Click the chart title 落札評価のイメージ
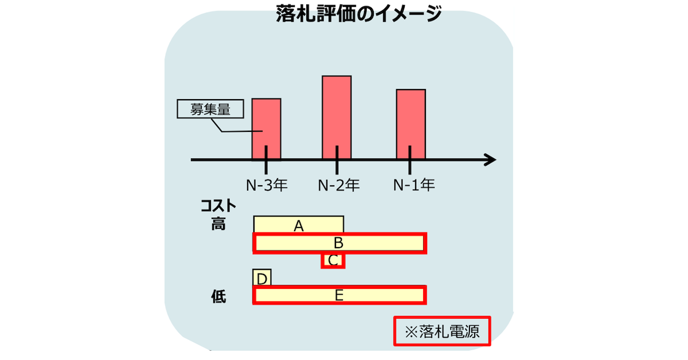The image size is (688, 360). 359,14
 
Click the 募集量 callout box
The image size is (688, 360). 210,109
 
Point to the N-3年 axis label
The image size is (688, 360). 267,185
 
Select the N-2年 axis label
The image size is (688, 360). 338,185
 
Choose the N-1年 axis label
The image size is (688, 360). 414,185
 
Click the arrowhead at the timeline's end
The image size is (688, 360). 491,160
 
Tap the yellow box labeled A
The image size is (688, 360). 299,224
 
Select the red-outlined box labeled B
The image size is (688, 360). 339,243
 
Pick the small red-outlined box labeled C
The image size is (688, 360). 333,260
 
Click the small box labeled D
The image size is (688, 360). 262,277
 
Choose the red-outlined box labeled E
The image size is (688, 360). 339,295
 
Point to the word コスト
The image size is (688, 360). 218,205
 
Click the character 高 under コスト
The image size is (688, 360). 218,224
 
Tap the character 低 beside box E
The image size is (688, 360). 218,296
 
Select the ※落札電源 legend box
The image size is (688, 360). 442,331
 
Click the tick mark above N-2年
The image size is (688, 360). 337,160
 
